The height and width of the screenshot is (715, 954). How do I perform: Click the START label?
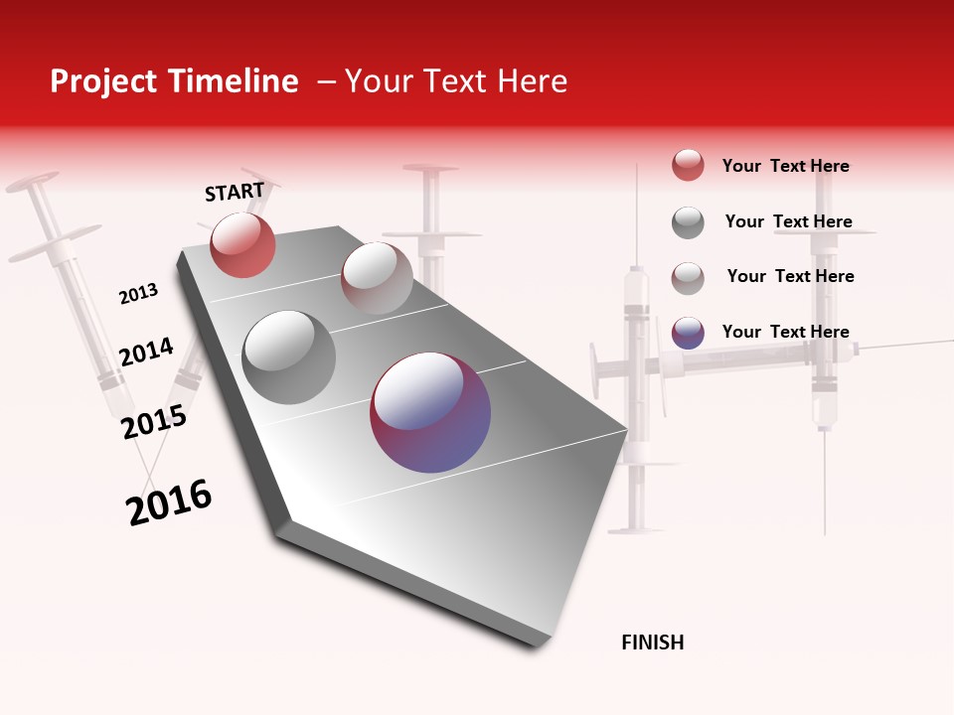pyautogui.click(x=235, y=192)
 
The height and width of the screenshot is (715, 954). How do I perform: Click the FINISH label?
pyautogui.click(x=652, y=643)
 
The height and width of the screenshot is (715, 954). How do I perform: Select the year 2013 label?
pyautogui.click(x=138, y=294)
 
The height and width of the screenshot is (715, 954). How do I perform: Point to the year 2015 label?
pyautogui.click(x=153, y=422)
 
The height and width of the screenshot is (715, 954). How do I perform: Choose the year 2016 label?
pyautogui.click(x=169, y=502)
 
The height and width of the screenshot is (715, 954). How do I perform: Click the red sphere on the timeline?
pyautogui.click(x=242, y=244)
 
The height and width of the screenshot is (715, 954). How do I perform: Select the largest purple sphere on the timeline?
pyautogui.click(x=430, y=412)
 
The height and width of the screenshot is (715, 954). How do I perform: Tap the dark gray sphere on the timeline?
pyautogui.click(x=289, y=357)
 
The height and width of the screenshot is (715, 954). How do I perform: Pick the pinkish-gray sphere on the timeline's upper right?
pyautogui.click(x=377, y=278)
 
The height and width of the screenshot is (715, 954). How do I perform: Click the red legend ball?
pyautogui.click(x=688, y=165)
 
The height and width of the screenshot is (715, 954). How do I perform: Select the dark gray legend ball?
pyautogui.click(x=688, y=222)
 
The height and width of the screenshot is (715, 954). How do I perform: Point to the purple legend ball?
pyautogui.click(x=688, y=333)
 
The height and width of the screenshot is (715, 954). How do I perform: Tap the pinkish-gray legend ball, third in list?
pyautogui.click(x=688, y=277)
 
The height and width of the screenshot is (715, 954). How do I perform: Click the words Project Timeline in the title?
pyautogui.click(x=174, y=81)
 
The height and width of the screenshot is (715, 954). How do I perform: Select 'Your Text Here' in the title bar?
pyautogui.click(x=456, y=81)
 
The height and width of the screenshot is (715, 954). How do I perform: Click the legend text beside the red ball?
pyautogui.click(x=785, y=166)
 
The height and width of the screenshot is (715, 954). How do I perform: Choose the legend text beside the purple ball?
pyautogui.click(x=785, y=332)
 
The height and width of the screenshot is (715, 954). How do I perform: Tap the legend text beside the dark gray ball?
pyautogui.click(x=788, y=221)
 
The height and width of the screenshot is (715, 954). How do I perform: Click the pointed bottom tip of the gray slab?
pyautogui.click(x=537, y=643)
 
